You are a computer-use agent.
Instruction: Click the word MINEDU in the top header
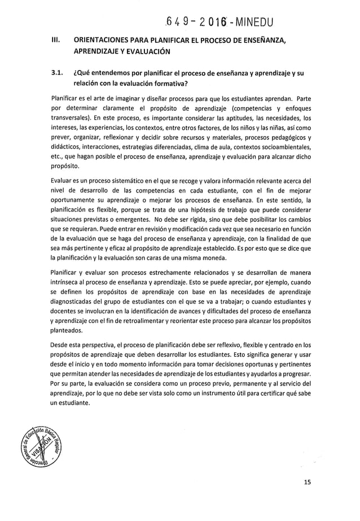click(x=247, y=23)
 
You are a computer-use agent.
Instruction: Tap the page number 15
click(x=306, y=483)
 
